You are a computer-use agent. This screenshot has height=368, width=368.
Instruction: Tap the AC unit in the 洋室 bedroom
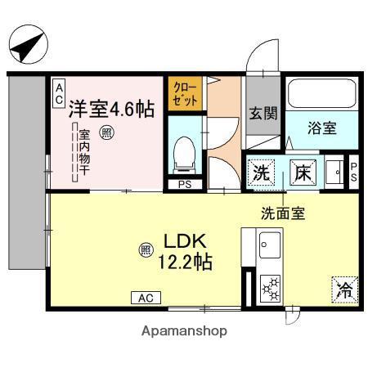(59, 94)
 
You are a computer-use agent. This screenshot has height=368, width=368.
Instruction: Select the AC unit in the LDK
(146, 298)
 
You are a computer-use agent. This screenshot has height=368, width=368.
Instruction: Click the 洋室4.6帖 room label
(111, 109)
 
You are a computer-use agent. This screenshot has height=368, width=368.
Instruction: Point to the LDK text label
(185, 241)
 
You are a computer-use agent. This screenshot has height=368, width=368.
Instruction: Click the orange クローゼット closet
(185, 94)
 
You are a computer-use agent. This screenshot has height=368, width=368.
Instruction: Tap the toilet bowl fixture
(185, 155)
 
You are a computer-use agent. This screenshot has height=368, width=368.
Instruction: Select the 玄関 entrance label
(263, 113)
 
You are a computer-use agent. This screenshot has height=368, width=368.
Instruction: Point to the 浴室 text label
(322, 128)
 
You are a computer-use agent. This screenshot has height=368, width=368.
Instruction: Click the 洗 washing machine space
(261, 173)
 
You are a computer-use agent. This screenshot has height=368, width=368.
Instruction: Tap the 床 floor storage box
(303, 173)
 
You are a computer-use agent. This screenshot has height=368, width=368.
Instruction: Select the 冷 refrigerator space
(345, 289)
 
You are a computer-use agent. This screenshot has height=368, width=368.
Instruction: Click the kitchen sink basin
(270, 245)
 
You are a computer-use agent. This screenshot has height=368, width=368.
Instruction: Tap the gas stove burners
(271, 289)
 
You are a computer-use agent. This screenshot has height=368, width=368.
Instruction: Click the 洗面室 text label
(283, 213)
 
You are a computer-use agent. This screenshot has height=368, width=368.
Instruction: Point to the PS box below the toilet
(185, 185)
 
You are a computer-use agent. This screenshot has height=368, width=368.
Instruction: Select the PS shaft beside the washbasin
(353, 173)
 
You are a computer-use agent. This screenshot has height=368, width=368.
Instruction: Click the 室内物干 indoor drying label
(84, 152)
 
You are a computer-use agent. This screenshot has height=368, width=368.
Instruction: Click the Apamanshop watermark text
(184, 331)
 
